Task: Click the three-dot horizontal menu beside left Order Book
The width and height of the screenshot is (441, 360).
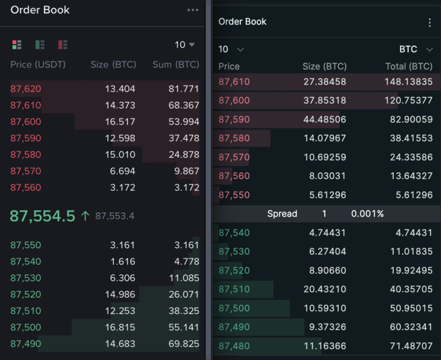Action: point(193,10)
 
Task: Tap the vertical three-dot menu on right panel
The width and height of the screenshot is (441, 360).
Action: point(429,22)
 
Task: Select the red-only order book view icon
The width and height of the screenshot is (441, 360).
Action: point(63,44)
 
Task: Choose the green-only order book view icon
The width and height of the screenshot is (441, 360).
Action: point(40,44)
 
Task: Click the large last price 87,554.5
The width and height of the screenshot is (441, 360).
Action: point(42,216)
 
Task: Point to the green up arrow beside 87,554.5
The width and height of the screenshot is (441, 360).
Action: point(85,216)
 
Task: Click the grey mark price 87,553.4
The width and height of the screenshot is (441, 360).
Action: point(115,216)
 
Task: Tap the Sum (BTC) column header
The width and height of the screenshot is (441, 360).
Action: point(176,65)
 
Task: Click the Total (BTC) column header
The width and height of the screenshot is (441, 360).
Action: point(409,66)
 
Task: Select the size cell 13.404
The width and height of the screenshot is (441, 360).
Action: point(120,89)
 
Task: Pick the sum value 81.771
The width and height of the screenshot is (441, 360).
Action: point(184,89)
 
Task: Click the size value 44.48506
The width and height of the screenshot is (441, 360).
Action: point(325,119)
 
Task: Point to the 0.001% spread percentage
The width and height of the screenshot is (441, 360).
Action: point(367,214)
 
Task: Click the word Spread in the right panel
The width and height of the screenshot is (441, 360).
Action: point(282,214)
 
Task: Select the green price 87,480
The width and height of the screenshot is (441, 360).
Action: point(234,346)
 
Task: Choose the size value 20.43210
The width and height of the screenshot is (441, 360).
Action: point(325,289)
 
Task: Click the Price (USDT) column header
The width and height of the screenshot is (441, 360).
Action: point(38,65)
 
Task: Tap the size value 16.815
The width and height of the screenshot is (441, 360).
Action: point(120,327)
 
